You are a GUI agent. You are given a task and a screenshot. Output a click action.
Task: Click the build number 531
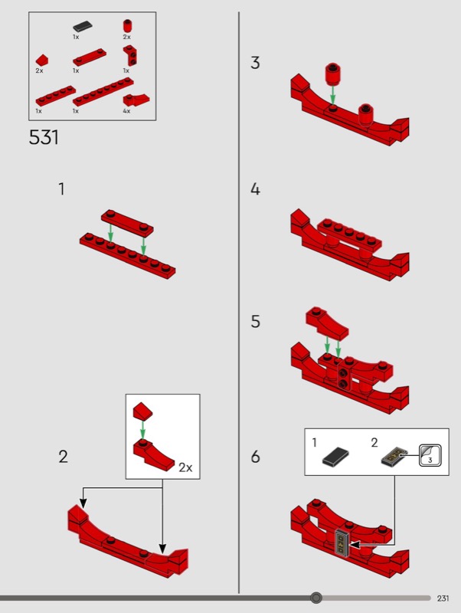(x=44, y=137)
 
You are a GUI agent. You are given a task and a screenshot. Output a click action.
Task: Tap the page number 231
(x=443, y=598)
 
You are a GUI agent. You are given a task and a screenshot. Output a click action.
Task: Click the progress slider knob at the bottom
(x=316, y=598)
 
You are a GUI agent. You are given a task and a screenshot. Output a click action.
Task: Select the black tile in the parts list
(x=83, y=26)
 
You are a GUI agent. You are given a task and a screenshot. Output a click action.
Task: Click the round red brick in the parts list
(x=127, y=26)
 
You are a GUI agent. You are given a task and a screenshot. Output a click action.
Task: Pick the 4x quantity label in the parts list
(x=126, y=111)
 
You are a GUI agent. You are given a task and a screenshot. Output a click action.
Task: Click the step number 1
(x=61, y=189)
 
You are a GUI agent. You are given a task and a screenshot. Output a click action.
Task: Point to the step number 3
(x=255, y=63)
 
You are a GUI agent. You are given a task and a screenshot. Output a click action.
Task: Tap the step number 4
(x=255, y=189)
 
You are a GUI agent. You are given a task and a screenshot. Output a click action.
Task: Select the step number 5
(x=255, y=321)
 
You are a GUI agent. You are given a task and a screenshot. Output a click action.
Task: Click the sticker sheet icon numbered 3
(x=430, y=455)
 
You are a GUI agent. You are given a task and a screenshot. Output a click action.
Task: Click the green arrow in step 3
(x=332, y=95)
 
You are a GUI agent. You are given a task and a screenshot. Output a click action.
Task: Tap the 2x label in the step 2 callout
(x=185, y=467)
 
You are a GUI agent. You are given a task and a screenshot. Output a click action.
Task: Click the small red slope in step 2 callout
(x=142, y=410)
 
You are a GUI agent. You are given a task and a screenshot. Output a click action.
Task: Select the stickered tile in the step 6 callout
(x=393, y=457)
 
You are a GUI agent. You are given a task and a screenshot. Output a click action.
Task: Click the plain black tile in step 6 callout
(x=335, y=456)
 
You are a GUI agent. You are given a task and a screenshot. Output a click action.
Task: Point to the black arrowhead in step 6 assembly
(x=354, y=544)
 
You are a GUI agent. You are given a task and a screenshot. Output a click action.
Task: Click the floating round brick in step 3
(x=333, y=74)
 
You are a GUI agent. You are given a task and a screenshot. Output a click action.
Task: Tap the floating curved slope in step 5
(x=327, y=323)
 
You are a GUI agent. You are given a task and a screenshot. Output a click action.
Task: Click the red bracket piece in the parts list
(x=130, y=55)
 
